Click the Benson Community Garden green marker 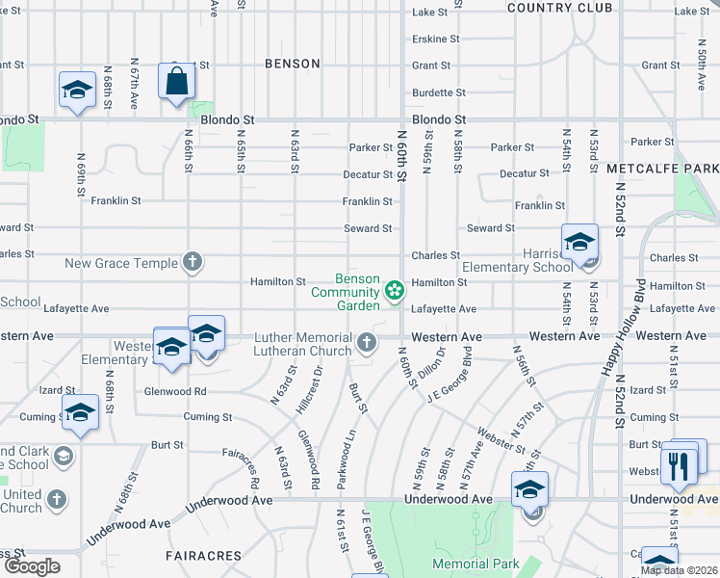[x=394, y=290]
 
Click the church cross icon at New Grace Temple [x=193, y=262]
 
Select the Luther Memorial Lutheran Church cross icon [x=366, y=341]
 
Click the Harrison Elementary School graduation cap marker [x=580, y=244]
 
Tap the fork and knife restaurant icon [x=680, y=465]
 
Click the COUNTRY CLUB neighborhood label [x=559, y=8]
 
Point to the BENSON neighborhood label [x=293, y=64]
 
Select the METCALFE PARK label [x=662, y=169]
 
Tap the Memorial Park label [x=476, y=564]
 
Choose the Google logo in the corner [x=32, y=566]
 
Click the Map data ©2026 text [x=679, y=570]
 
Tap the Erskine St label [x=428, y=39]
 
